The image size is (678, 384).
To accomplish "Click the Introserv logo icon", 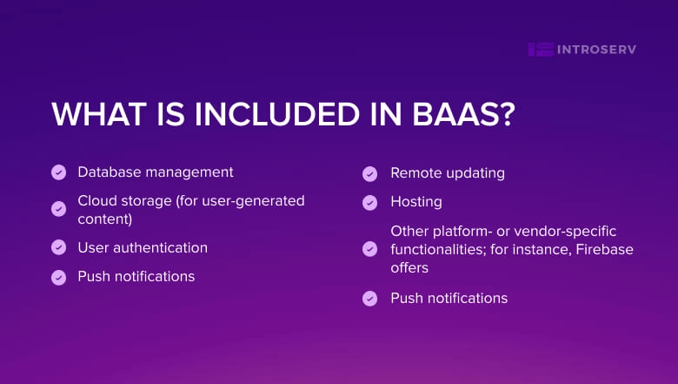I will point(541,50).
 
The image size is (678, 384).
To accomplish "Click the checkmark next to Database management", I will point(59,172).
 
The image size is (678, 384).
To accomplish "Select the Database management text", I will point(156,172).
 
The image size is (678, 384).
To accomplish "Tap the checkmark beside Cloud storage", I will point(59,210).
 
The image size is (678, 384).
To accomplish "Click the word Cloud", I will point(97,201).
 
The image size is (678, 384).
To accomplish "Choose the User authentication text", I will point(143,247).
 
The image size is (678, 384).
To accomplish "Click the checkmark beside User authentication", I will point(59,247).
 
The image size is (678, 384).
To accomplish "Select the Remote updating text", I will point(448,172).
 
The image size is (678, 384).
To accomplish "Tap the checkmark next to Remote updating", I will point(370,173).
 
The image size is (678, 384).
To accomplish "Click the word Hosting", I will point(416,201).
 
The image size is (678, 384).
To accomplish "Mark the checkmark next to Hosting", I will point(370,202).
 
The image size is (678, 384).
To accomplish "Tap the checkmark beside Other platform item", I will point(370,250).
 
